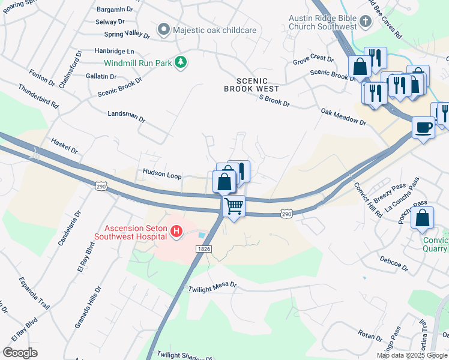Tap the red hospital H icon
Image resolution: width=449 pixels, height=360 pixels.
tap(176, 231)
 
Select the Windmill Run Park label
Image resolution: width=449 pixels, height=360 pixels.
tap(137, 62)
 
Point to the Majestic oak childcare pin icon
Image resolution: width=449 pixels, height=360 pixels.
tap(163, 29)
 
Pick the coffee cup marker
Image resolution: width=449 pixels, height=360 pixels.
tap(423, 127)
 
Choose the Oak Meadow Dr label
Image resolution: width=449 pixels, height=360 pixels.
tap(343, 117)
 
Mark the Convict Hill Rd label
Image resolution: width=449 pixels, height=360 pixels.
tap(367, 200)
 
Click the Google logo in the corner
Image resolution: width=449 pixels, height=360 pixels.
tap(20, 352)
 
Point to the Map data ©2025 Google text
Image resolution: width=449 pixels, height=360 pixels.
tap(412, 355)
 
